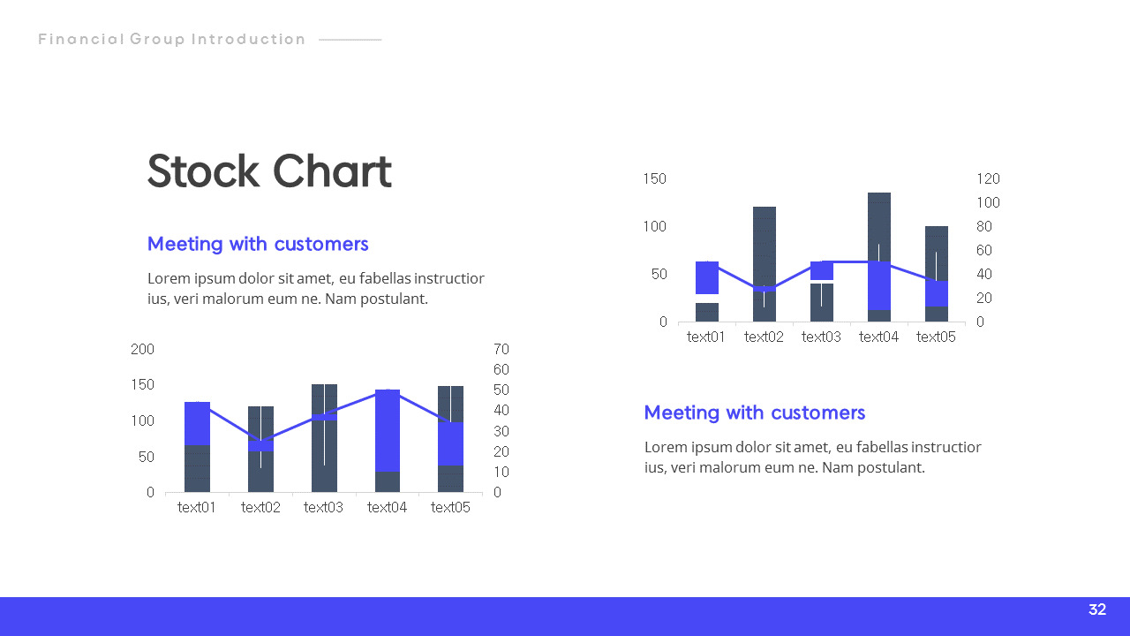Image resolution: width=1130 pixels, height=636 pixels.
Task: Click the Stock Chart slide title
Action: click(269, 171)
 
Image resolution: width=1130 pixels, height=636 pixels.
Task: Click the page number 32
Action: click(1097, 609)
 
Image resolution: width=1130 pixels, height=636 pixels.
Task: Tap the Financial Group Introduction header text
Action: click(172, 39)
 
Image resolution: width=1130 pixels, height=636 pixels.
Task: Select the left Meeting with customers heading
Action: click(258, 244)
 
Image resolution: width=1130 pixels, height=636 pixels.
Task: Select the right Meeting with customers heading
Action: click(755, 413)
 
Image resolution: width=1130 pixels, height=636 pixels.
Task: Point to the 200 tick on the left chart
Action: click(142, 349)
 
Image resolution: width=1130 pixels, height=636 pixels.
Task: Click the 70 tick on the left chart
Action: click(501, 349)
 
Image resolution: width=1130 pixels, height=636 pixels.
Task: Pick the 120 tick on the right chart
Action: click(988, 178)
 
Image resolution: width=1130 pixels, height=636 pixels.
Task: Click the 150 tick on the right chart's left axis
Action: click(654, 178)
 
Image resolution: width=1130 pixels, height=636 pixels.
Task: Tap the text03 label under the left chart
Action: click(323, 507)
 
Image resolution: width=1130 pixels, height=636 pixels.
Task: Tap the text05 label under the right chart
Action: click(936, 337)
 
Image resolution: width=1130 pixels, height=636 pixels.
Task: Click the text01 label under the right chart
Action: click(706, 337)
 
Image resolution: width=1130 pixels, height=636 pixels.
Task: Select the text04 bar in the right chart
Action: click(879, 256)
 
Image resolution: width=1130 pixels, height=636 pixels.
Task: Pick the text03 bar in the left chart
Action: click(324, 438)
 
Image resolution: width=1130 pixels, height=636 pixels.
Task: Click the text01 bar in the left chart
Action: click(197, 446)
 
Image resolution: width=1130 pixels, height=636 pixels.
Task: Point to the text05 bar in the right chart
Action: click(937, 274)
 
